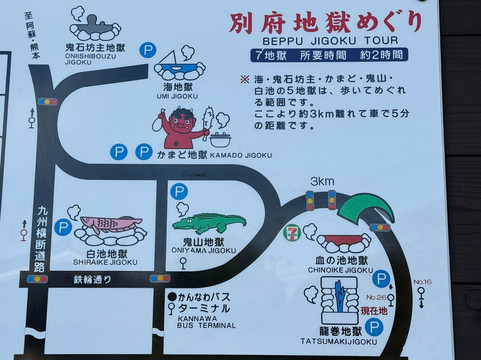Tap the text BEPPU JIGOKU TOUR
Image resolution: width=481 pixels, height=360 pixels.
click(x=313, y=45)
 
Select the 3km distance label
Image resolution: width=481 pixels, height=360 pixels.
click(x=322, y=182)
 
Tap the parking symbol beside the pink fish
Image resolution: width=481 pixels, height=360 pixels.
click(x=62, y=228)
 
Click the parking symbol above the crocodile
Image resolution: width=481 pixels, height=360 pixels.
click(x=179, y=191)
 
